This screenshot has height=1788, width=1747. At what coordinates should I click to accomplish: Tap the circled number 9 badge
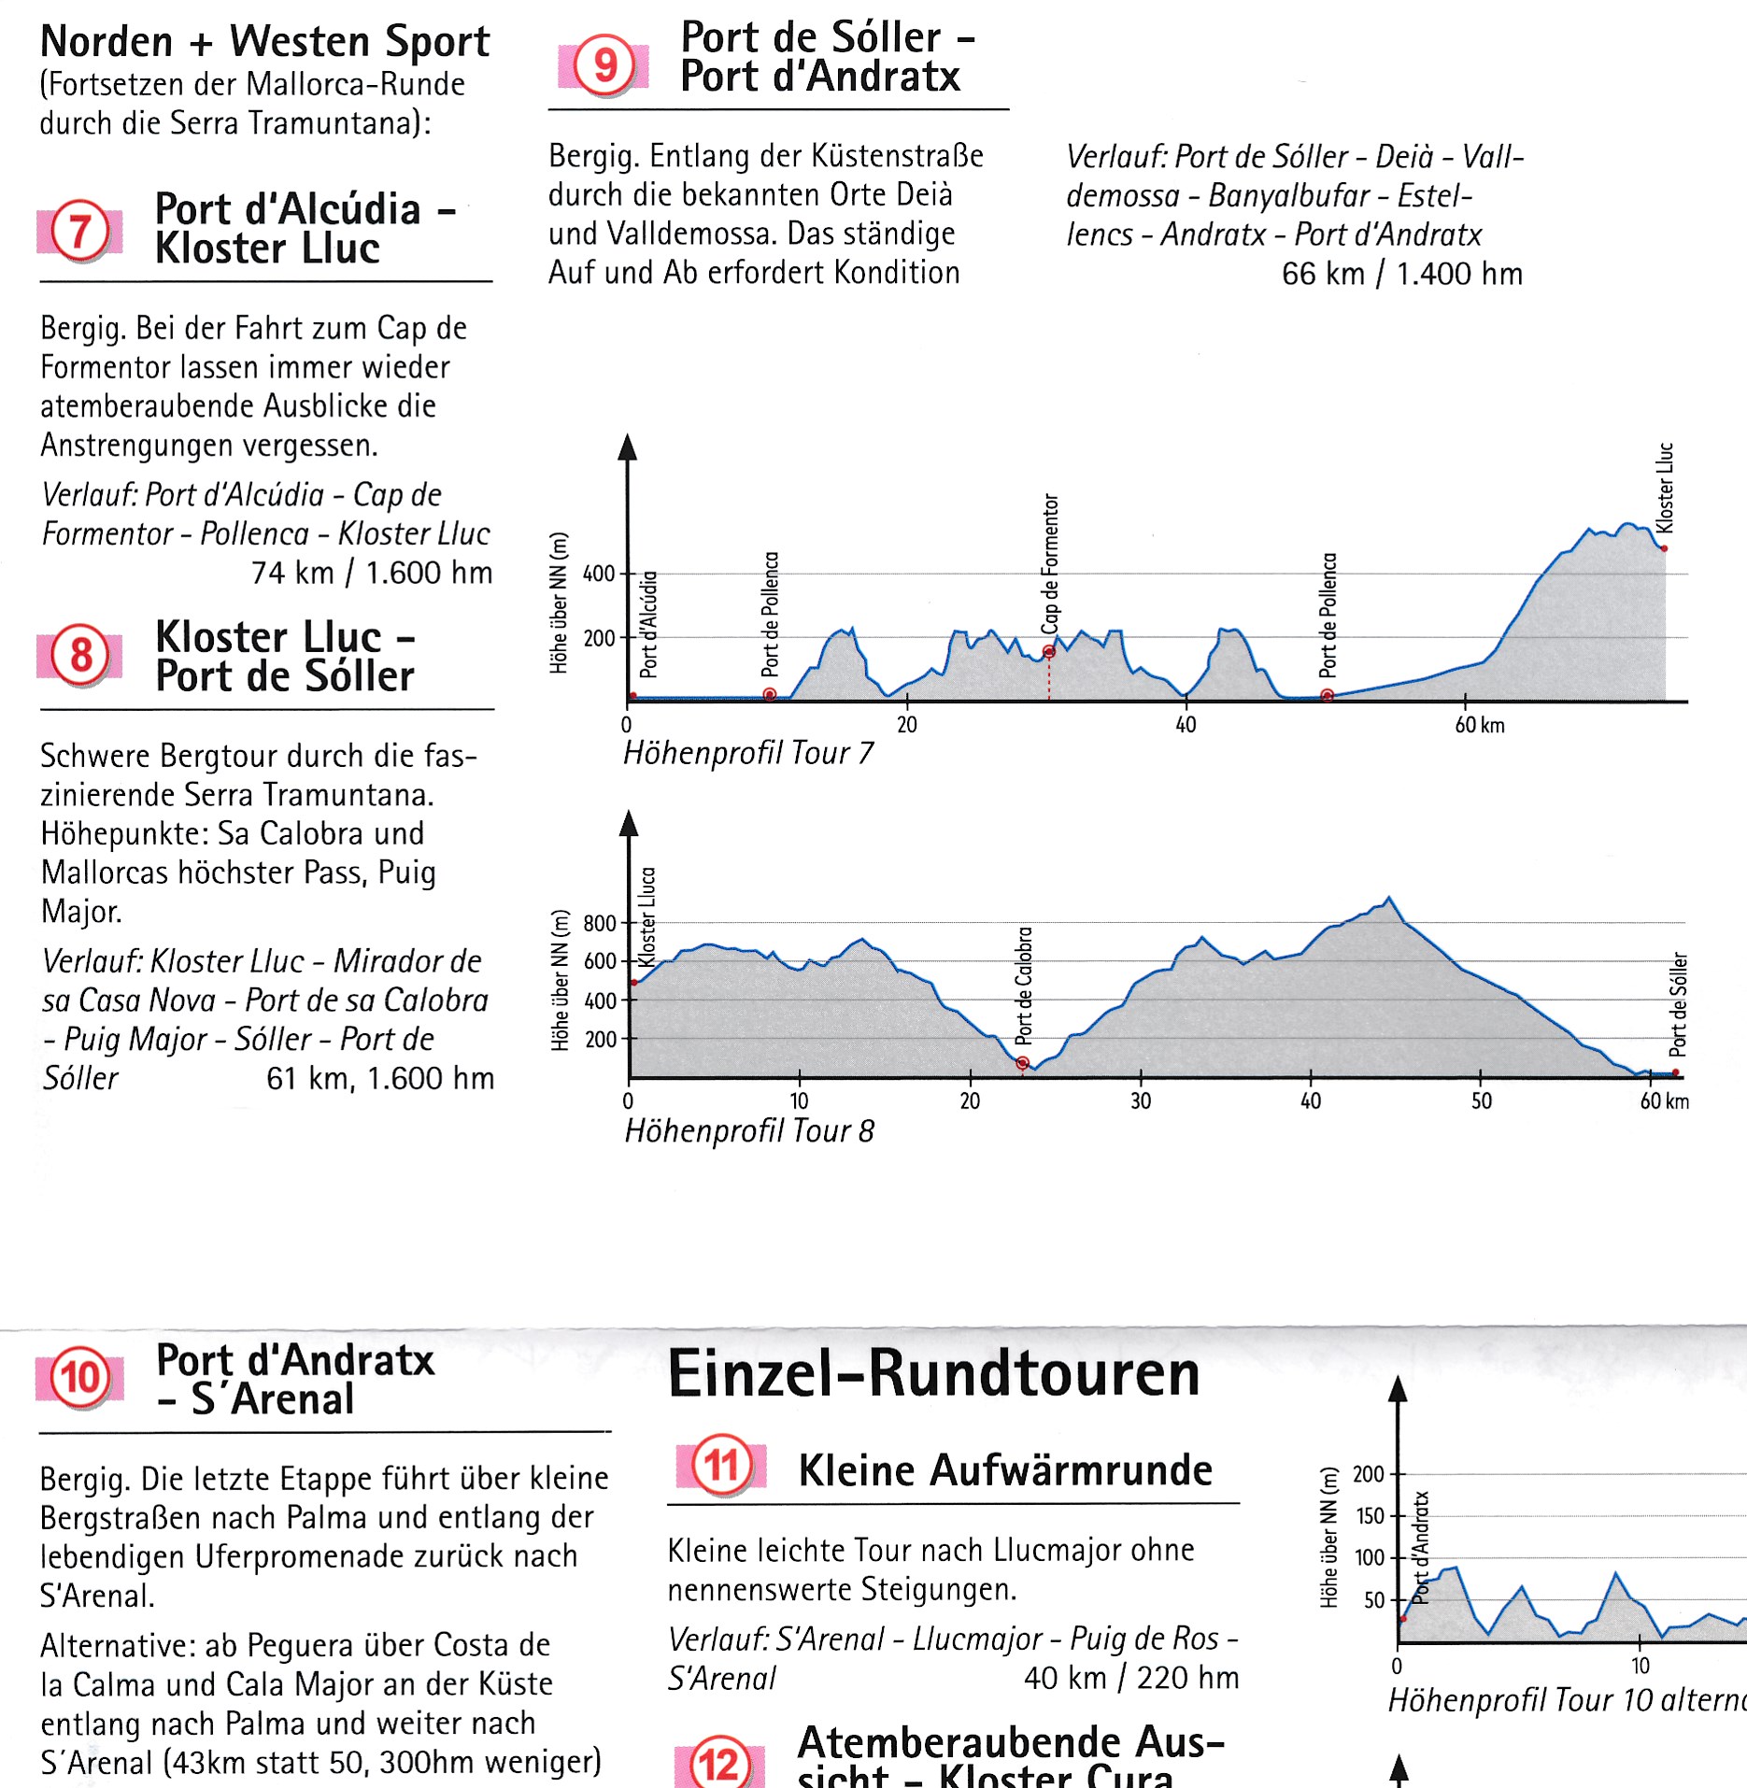(604, 65)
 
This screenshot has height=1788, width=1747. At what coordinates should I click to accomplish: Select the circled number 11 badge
(721, 1465)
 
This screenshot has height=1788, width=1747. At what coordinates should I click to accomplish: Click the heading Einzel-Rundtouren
(933, 1373)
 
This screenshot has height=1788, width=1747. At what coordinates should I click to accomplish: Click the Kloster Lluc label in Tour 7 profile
(1664, 488)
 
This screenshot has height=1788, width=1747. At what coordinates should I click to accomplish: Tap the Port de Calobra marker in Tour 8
(1022, 1063)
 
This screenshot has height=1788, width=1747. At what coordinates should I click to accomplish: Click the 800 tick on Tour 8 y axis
(600, 924)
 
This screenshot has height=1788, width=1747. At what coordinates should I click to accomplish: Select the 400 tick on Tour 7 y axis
(599, 574)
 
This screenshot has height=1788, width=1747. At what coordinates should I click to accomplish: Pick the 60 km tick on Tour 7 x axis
(1479, 725)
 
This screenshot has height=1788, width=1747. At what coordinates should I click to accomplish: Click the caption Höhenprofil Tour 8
(749, 1131)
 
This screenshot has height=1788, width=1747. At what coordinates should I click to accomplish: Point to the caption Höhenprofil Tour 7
(748, 753)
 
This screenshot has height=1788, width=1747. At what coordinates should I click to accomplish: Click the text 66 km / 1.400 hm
(1401, 274)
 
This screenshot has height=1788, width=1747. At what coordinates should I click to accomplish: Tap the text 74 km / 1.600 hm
(371, 573)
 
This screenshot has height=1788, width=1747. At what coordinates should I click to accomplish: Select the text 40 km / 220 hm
(1130, 1678)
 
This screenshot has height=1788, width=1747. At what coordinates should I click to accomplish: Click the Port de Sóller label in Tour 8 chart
(1678, 1003)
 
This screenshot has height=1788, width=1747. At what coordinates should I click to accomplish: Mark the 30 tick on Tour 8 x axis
(1141, 1101)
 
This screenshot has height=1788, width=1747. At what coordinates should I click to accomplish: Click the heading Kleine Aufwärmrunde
(1005, 1470)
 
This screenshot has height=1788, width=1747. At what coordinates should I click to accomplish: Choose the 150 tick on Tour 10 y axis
(1370, 1516)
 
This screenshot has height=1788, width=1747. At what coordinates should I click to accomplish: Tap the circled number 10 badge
(80, 1378)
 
